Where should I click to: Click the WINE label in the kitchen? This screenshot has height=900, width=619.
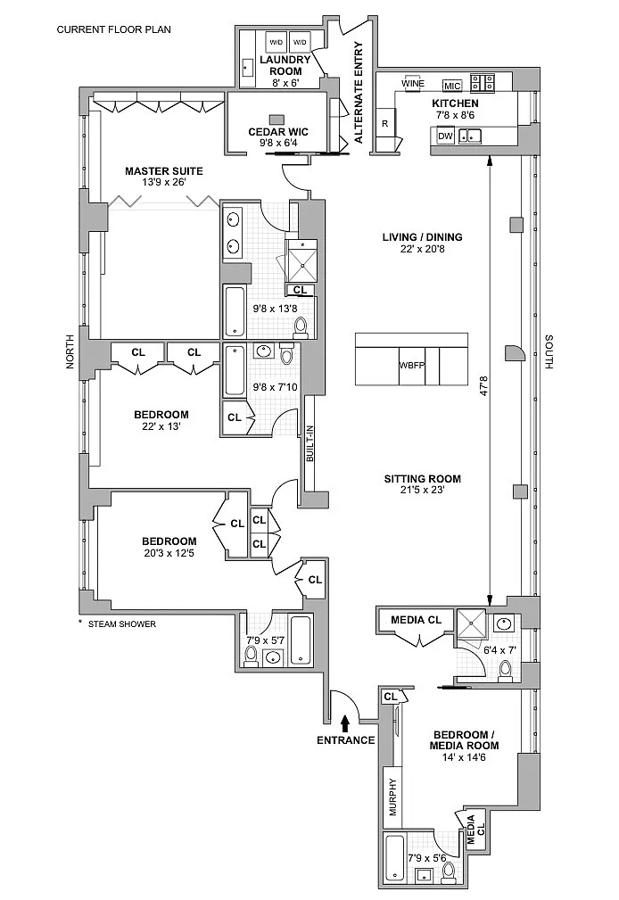pos(411,84)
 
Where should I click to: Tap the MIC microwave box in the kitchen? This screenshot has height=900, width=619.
pos(451,86)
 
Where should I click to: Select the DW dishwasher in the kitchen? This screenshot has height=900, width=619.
pos(443,136)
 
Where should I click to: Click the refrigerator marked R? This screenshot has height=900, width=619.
pos(384,123)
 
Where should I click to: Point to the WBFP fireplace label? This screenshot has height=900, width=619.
pos(412,366)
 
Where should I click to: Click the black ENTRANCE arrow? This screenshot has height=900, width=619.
pos(346,720)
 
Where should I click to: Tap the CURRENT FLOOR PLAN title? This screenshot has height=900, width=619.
pos(114,29)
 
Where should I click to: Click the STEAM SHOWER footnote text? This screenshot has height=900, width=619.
pos(120,623)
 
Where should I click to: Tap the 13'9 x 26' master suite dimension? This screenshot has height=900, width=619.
pos(163,184)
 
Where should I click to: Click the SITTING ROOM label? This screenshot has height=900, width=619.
pos(422,479)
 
